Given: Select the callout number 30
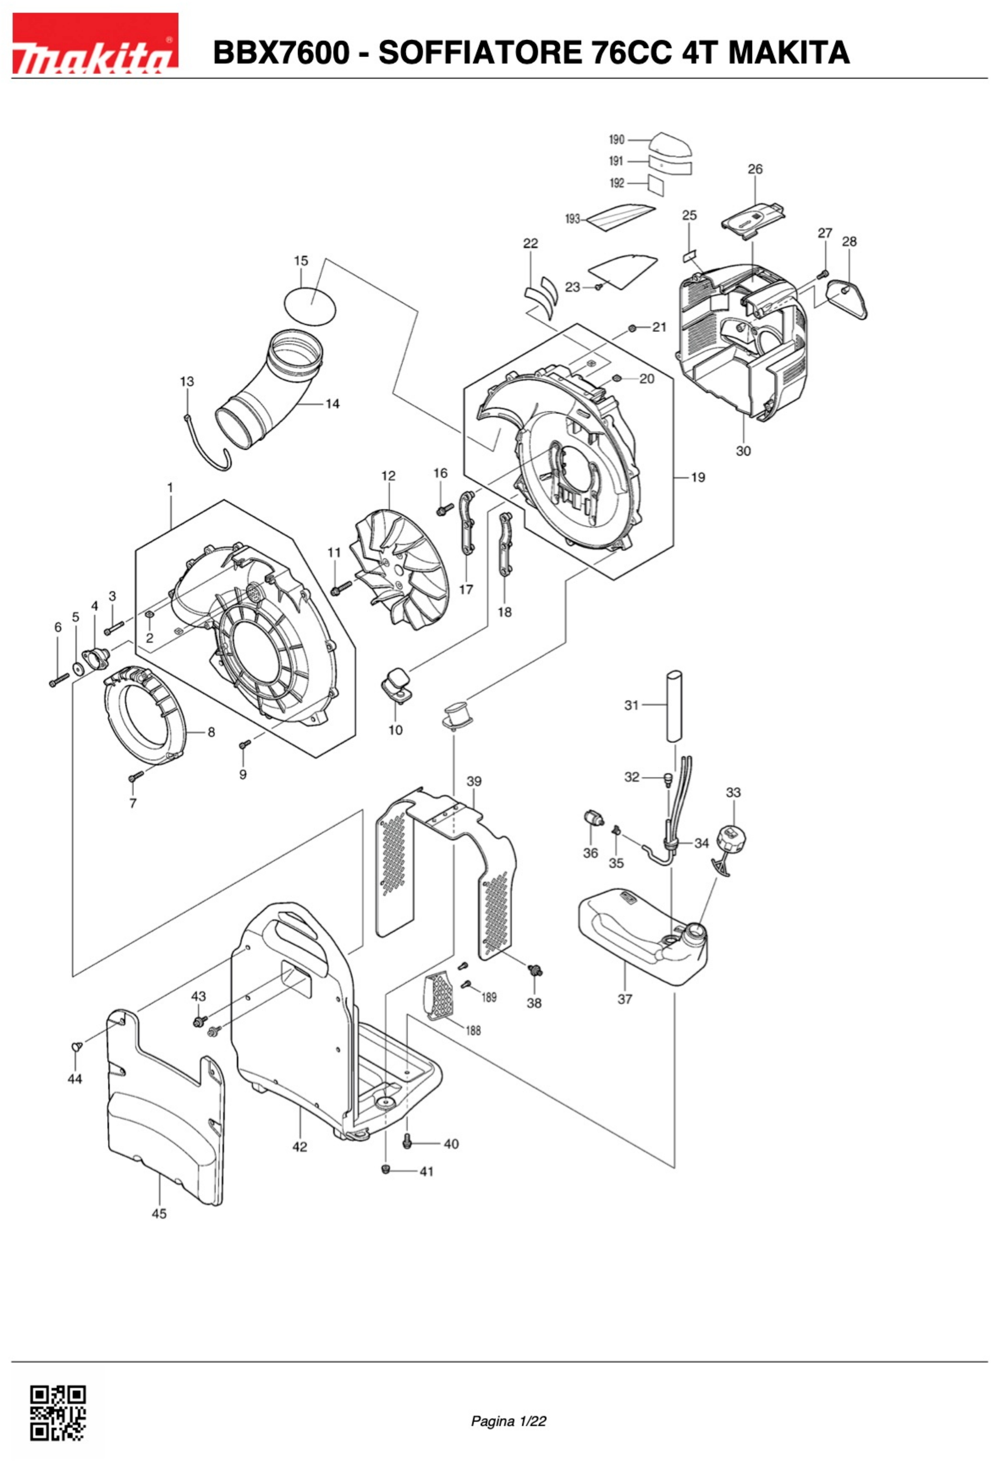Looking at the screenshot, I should tap(743, 451).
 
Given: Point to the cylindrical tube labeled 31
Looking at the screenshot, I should tap(673, 707).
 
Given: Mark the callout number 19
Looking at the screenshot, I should tap(698, 477).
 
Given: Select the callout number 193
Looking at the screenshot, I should tap(572, 219).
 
